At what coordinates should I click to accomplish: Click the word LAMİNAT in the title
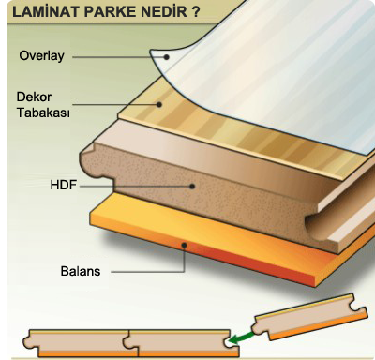click(x=46, y=11)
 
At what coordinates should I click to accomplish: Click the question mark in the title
click(x=195, y=11)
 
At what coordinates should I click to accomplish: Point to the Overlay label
click(x=41, y=56)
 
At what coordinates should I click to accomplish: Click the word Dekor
click(x=34, y=97)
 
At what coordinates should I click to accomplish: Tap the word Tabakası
click(x=43, y=112)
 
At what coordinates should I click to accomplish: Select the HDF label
click(x=64, y=185)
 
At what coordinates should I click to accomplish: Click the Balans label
click(x=81, y=271)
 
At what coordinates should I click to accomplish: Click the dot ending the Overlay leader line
click(x=167, y=57)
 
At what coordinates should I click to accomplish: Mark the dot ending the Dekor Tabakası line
click(x=159, y=105)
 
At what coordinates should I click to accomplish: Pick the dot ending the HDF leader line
click(x=192, y=187)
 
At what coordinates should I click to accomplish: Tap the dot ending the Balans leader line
click(x=185, y=246)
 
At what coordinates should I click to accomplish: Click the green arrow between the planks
click(x=240, y=338)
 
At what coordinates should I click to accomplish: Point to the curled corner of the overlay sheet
click(x=161, y=59)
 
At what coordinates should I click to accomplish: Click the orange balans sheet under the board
click(x=218, y=237)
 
